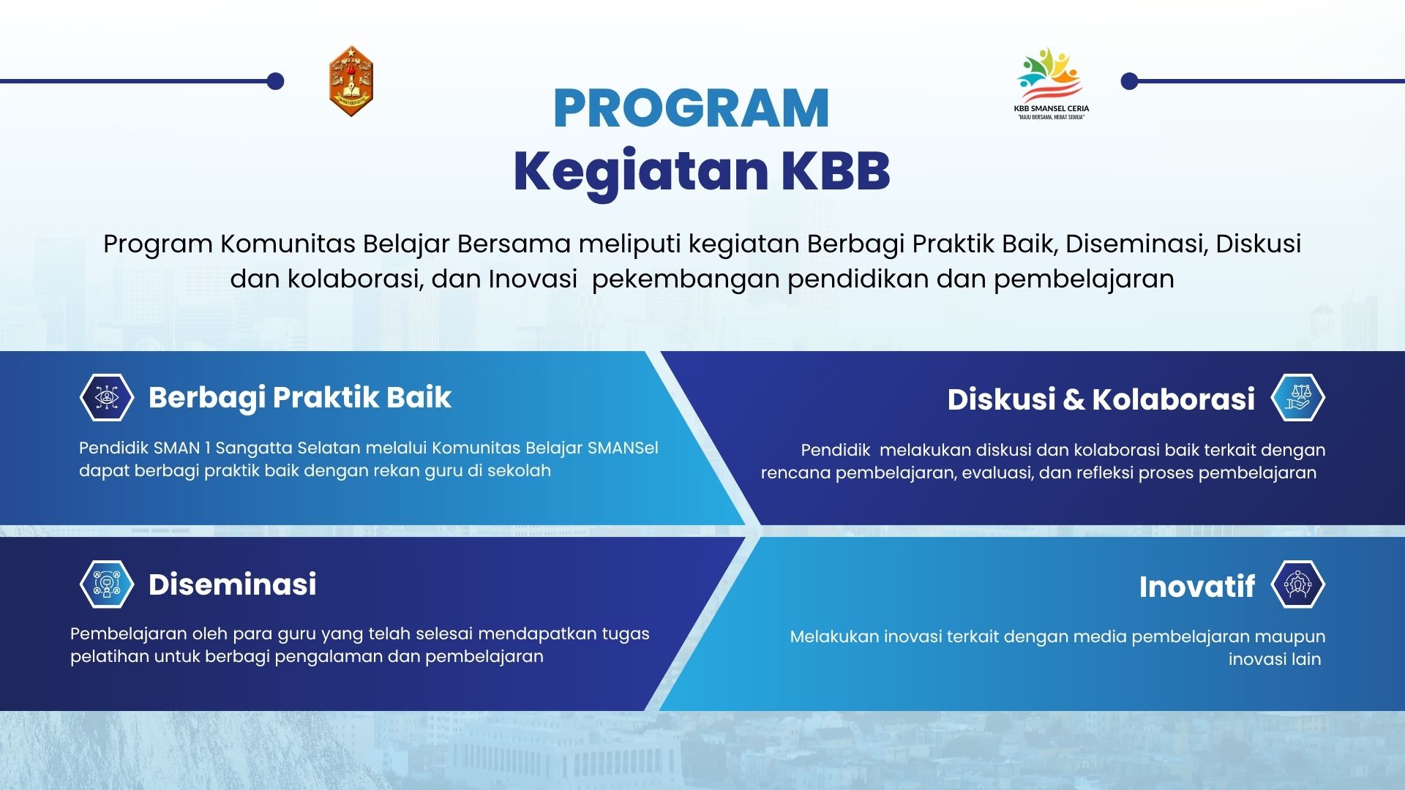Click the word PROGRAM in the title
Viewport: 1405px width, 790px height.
(x=691, y=108)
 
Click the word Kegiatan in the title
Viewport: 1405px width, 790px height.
(x=640, y=172)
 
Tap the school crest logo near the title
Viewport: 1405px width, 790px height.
(x=351, y=81)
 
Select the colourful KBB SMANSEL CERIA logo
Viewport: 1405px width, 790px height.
(x=1051, y=83)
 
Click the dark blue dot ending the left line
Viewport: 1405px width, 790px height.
(x=275, y=81)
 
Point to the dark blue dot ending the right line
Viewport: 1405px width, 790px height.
(x=1130, y=81)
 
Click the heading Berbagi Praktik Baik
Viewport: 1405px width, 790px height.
(x=300, y=398)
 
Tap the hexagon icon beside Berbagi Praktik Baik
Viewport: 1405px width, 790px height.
(x=107, y=397)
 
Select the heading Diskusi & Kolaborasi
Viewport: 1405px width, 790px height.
(x=1101, y=399)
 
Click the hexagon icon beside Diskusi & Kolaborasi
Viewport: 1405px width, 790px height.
(x=1298, y=397)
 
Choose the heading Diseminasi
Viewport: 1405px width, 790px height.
(x=233, y=584)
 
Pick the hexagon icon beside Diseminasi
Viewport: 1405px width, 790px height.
(x=107, y=584)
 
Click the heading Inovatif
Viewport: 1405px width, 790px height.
(x=1197, y=587)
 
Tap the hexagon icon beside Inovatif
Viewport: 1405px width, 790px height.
(x=1298, y=584)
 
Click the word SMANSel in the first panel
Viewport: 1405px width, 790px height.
(x=623, y=448)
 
